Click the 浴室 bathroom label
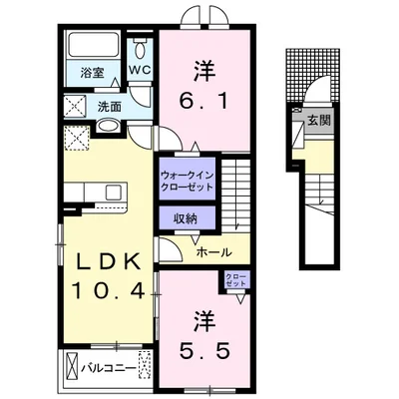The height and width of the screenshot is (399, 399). click(x=92, y=73)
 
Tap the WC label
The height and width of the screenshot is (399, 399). click(x=140, y=70)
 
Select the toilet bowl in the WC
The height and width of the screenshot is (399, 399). click(x=140, y=50)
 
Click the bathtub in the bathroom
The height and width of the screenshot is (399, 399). click(x=94, y=45)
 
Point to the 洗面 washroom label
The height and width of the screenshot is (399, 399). click(x=109, y=107)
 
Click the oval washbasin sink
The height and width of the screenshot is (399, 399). click(x=109, y=126)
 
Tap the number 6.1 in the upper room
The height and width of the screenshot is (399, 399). click(x=204, y=101)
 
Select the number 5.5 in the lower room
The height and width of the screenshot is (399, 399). click(x=204, y=350)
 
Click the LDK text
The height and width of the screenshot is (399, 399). click(x=108, y=263)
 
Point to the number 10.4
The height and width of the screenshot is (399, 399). click(x=108, y=291)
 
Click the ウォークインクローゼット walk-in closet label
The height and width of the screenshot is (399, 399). click(x=187, y=180)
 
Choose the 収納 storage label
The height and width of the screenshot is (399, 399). click(x=186, y=218)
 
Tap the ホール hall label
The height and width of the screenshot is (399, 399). click(x=213, y=252)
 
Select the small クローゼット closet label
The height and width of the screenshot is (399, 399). click(x=235, y=279)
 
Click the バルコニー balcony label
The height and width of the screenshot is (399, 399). click(x=109, y=368)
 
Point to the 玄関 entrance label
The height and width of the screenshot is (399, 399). click(x=319, y=120)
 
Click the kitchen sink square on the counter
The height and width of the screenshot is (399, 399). click(x=114, y=193)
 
